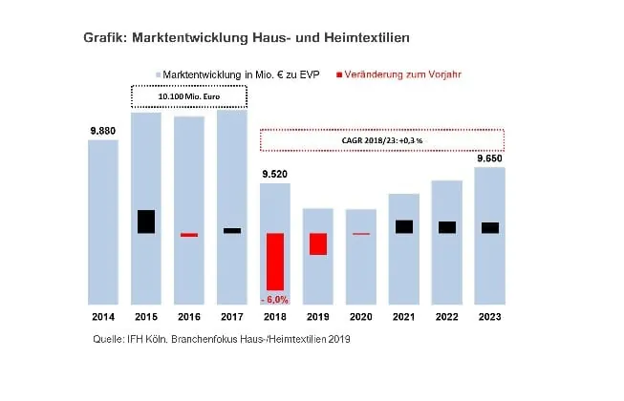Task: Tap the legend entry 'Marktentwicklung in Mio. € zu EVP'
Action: click(x=244, y=74)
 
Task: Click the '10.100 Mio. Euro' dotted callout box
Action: click(x=188, y=96)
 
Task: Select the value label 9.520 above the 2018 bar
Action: click(x=274, y=174)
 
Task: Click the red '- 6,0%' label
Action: click(x=274, y=299)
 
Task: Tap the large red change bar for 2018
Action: click(x=274, y=262)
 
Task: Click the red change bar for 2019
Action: click(x=318, y=243)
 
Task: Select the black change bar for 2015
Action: click(x=145, y=222)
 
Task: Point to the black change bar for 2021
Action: click(x=404, y=226)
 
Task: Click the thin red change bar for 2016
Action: click(x=189, y=234)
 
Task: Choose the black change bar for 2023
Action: click(x=489, y=227)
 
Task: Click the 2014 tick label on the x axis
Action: click(x=102, y=316)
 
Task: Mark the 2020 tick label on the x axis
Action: click(x=360, y=316)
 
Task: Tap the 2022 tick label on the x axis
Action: click(x=446, y=316)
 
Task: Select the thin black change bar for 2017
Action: click(x=232, y=230)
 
